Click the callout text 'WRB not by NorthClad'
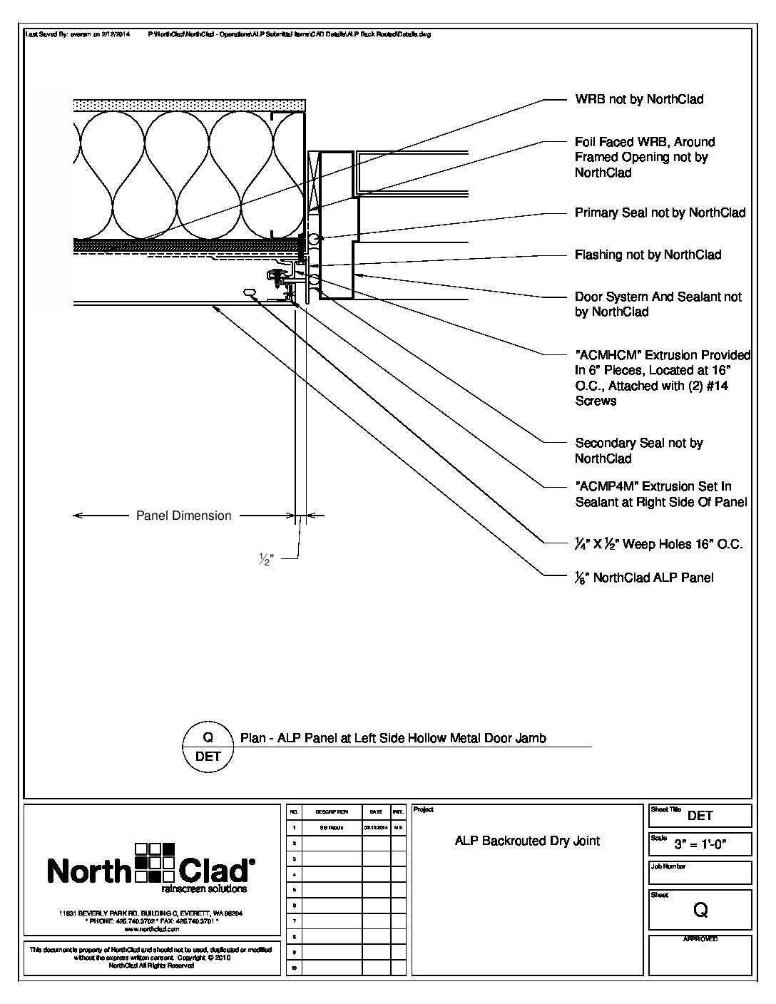(639, 99)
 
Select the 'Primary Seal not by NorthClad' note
(660, 212)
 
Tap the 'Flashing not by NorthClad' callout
(648, 255)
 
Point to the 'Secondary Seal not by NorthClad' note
(638, 451)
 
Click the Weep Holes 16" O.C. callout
(658, 544)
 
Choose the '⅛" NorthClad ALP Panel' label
(644, 578)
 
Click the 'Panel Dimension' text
(184, 516)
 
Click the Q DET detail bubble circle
(208, 747)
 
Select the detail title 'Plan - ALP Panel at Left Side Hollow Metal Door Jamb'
(393, 738)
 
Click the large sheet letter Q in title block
(700, 910)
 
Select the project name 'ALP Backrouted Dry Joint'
(527, 841)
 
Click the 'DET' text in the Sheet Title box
(700, 816)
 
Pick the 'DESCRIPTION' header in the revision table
(331, 812)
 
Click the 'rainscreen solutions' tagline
(204, 889)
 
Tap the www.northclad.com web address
(150, 930)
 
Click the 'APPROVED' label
(700, 939)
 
